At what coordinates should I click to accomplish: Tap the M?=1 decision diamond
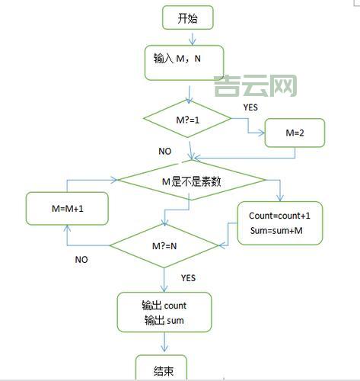(187, 119)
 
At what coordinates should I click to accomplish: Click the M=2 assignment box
(295, 133)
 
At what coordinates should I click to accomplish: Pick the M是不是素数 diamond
(190, 181)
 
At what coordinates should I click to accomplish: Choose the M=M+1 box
(67, 208)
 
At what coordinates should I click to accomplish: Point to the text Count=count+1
(279, 216)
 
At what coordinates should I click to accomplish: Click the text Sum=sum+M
(276, 231)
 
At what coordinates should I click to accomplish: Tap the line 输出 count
(164, 306)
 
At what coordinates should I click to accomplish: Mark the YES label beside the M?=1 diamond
(250, 107)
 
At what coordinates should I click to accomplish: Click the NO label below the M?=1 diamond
(165, 152)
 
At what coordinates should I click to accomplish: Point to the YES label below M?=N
(189, 278)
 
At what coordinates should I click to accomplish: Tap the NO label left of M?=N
(81, 260)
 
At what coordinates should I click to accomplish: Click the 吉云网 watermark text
(255, 85)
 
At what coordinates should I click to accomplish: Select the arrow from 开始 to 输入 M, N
(191, 37)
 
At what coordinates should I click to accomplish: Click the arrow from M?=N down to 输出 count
(164, 279)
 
